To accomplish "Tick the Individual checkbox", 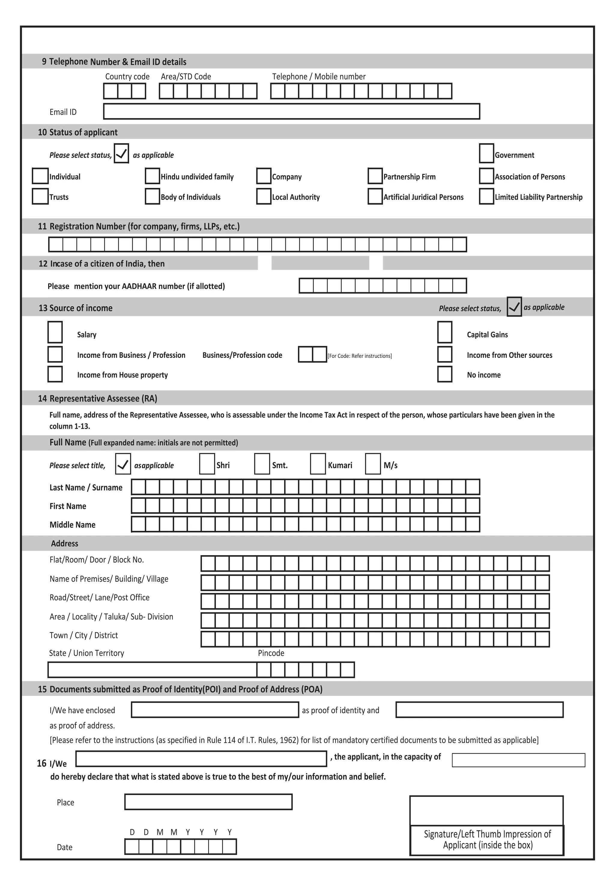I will click(40, 176).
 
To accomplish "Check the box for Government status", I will click(486, 153).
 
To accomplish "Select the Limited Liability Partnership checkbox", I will click(486, 196).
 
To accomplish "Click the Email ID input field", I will click(291, 111).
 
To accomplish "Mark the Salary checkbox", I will click(55, 332).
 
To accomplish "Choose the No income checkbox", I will click(445, 374).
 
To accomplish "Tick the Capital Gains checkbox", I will click(445, 332).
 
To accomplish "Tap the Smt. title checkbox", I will click(262, 464).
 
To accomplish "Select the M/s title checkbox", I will click(373, 464).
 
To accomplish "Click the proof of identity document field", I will click(215, 709).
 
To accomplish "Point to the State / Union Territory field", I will click(152, 670).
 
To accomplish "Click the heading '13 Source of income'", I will click(76, 308).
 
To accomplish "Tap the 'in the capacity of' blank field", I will click(518, 760).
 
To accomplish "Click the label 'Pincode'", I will click(271, 653).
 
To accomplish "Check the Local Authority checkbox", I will click(264, 196).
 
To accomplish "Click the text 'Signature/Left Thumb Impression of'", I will click(487, 834).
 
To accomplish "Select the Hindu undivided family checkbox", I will click(152, 176).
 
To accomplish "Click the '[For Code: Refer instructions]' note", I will click(359, 356).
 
